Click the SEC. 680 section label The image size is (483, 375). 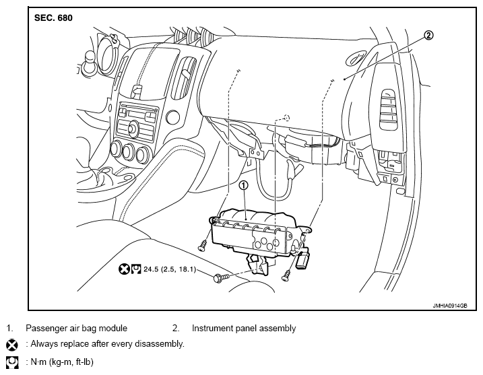point(53,18)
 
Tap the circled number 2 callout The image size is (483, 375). point(428,36)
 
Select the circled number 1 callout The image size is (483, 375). point(243,185)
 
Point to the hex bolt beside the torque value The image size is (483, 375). point(222,277)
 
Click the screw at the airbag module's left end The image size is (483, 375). point(202,246)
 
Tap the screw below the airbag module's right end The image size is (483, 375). point(286,275)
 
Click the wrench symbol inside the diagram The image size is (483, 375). point(136,269)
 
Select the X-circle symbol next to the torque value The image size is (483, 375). point(123,269)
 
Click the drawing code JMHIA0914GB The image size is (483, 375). point(450,306)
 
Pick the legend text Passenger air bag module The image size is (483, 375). point(76,328)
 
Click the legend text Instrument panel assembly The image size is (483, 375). point(244,328)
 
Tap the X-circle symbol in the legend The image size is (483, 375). point(12,345)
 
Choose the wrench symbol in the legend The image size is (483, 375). point(12,362)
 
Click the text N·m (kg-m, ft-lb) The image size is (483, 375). point(62,362)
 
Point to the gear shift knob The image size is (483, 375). point(91,59)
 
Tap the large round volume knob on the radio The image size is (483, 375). point(133,127)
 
